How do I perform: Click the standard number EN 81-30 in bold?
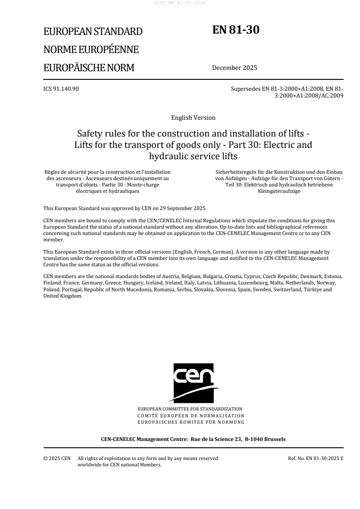[x=236, y=30]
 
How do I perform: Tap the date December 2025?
[x=234, y=68]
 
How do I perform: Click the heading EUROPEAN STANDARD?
[x=93, y=32]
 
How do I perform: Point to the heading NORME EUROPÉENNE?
[x=91, y=50]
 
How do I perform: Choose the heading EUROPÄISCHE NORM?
[x=89, y=68]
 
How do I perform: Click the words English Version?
[x=193, y=117]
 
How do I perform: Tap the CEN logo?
[x=193, y=382]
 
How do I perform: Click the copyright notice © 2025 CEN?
[x=57, y=458]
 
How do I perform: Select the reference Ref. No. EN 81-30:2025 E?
[x=316, y=458]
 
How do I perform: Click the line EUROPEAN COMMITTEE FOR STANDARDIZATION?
[x=193, y=409]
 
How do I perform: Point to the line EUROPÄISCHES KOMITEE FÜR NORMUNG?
[x=193, y=422]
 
